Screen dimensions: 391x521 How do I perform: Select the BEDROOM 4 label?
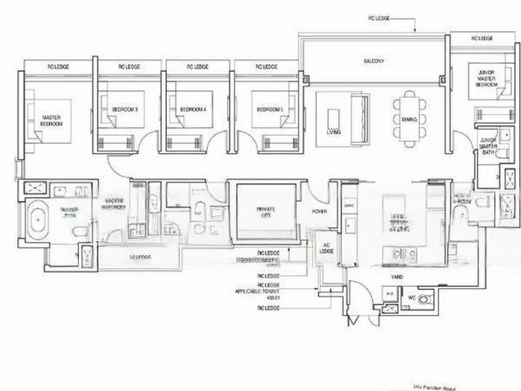(x=192, y=108)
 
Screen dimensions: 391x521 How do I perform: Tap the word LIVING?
(x=334, y=130)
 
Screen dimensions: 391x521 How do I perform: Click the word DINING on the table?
(x=409, y=119)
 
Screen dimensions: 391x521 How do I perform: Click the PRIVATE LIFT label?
(x=265, y=212)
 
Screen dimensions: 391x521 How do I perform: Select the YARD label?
(x=396, y=277)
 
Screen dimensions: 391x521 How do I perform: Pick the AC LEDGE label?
(x=326, y=249)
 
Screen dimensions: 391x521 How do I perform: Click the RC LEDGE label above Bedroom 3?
(x=129, y=67)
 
